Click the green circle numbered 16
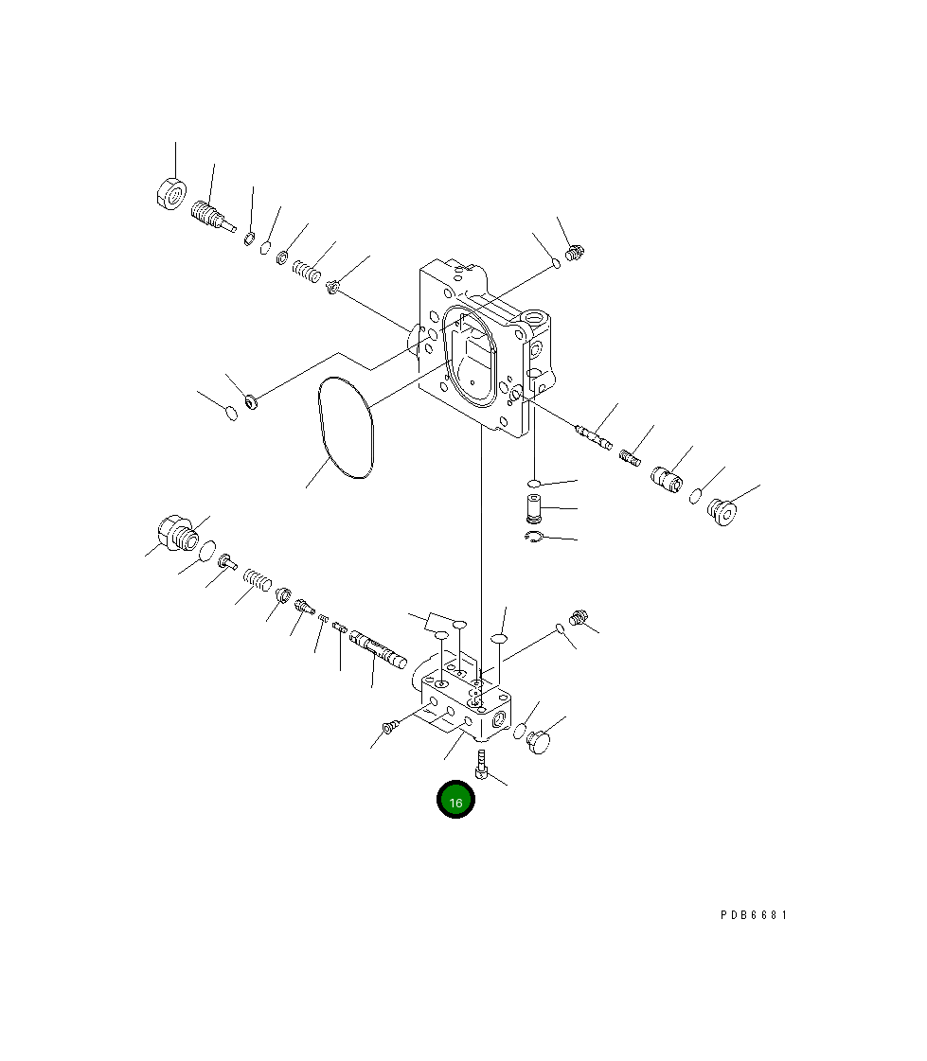[x=455, y=799]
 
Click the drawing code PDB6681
[x=754, y=915]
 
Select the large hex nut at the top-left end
[x=171, y=194]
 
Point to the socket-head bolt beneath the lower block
[x=481, y=764]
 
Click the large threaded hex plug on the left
[x=177, y=533]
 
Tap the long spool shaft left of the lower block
[x=378, y=649]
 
